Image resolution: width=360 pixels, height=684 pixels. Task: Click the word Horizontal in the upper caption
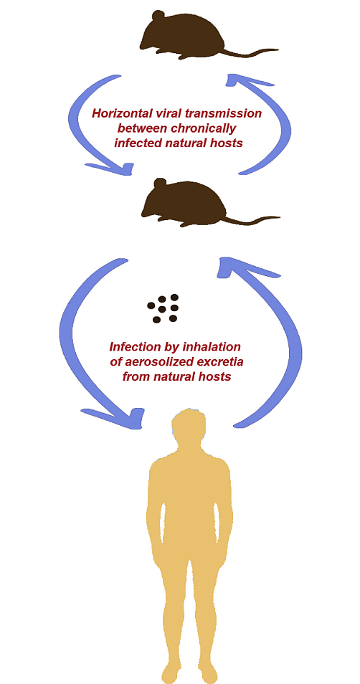coord(118,114)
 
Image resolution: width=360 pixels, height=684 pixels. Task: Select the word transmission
coord(229,114)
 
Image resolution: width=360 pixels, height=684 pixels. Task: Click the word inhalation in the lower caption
coord(212,347)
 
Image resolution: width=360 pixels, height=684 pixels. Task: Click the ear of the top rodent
coord(158,16)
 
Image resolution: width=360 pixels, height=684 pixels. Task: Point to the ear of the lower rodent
coord(160,184)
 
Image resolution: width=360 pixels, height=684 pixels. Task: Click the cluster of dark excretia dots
coord(164,308)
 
